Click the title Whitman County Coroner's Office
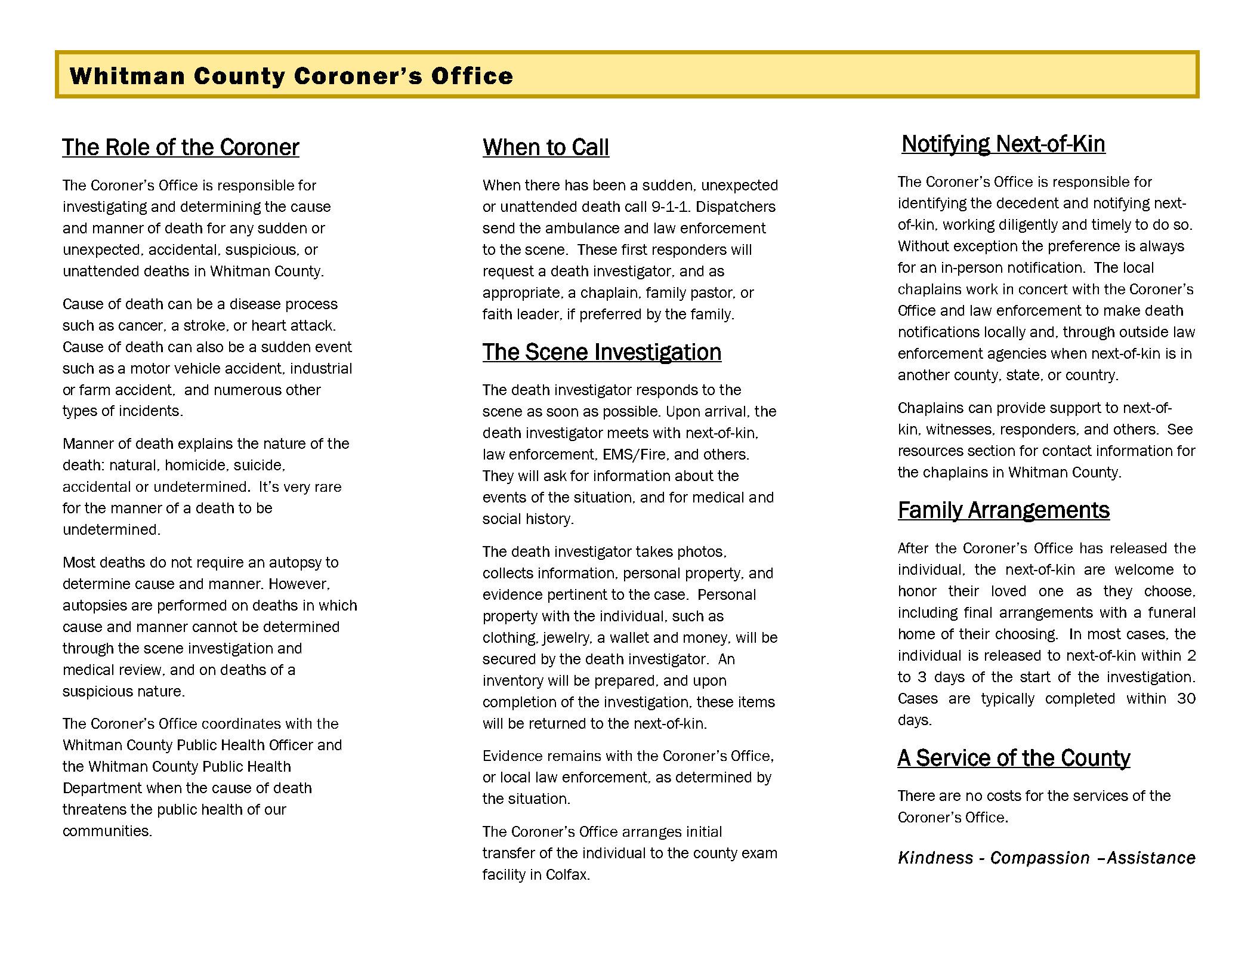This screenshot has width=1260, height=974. [291, 76]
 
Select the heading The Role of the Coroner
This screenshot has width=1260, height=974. [181, 147]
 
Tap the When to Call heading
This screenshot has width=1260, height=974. [546, 147]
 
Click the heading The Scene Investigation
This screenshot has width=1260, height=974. [601, 352]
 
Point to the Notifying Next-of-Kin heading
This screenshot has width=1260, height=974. [1003, 144]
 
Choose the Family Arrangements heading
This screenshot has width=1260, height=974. [1003, 510]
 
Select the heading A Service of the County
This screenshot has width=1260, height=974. [1014, 758]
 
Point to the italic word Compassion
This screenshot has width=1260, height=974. [1039, 858]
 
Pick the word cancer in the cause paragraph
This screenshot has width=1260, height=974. [138, 326]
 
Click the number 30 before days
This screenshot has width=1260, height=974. [1186, 699]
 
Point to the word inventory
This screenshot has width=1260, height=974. [512, 681]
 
